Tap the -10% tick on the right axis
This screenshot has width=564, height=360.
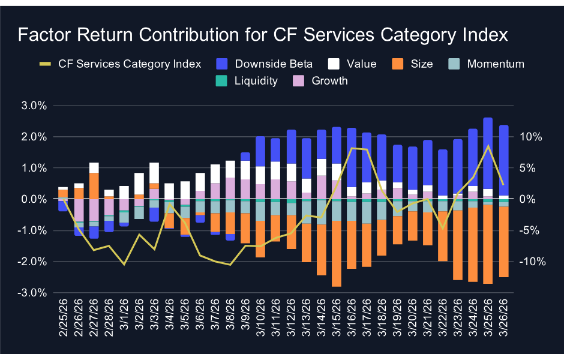click(x=529, y=262)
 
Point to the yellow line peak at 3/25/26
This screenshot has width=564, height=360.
click(x=488, y=146)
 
